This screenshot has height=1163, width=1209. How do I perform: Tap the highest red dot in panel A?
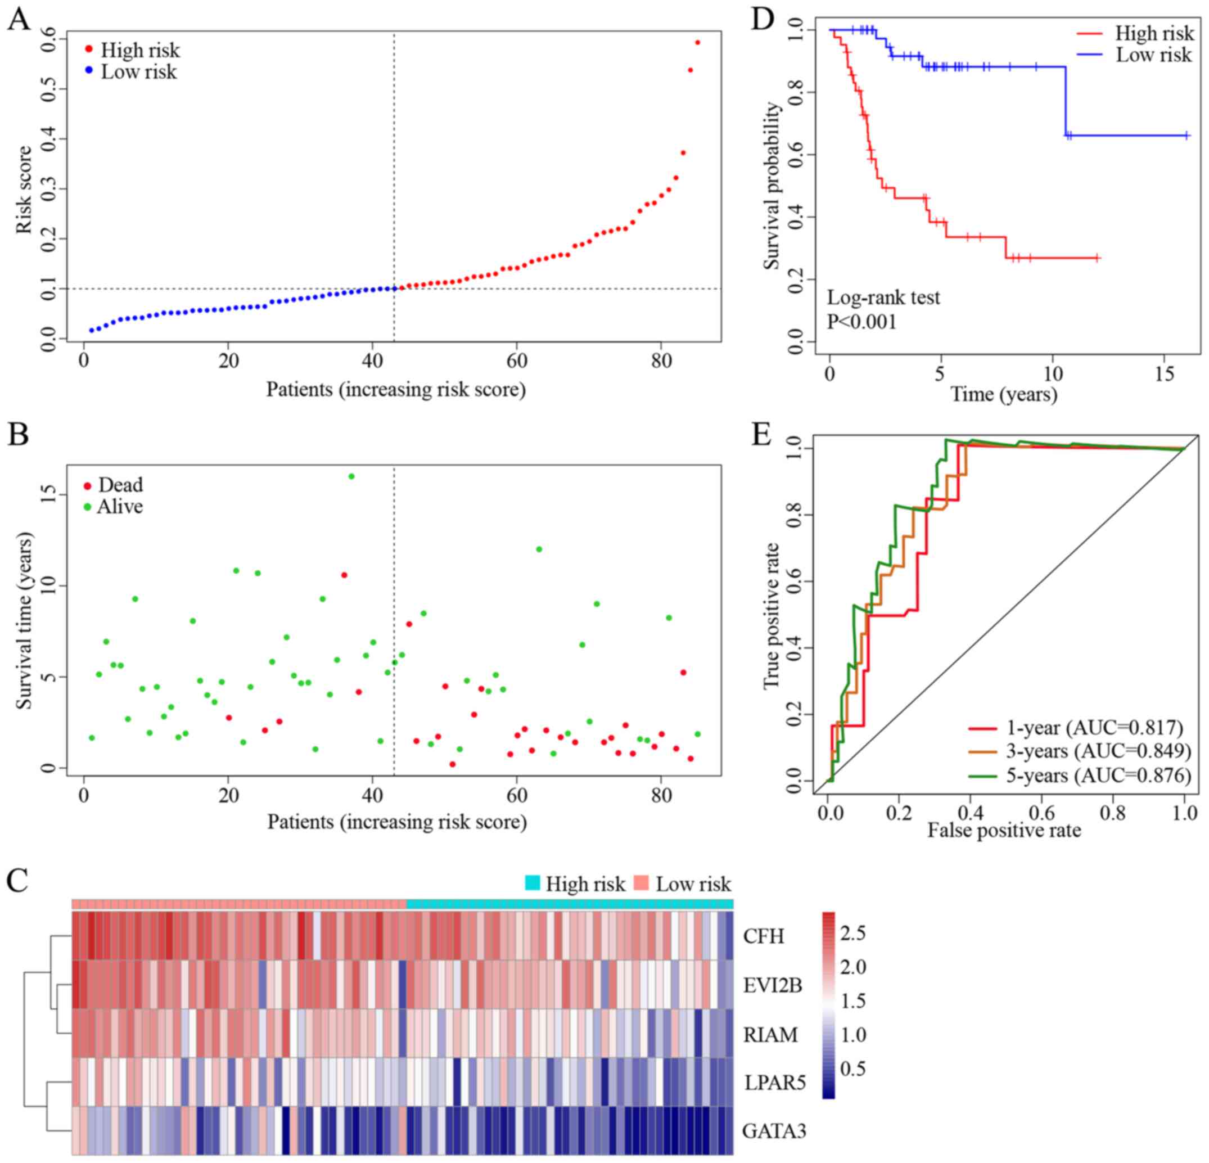[698, 43]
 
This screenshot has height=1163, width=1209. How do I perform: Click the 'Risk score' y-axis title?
[24, 190]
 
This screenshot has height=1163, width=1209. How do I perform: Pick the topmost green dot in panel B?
[351, 476]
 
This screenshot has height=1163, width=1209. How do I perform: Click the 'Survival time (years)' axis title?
[24, 620]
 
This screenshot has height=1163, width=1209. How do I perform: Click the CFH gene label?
[764, 936]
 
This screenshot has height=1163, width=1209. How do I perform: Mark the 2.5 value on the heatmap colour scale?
[852, 933]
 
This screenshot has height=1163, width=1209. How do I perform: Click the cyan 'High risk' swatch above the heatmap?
[533, 883]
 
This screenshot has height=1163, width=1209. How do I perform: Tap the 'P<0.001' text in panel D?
[861, 322]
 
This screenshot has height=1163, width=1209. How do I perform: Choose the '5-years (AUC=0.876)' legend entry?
[1099, 775]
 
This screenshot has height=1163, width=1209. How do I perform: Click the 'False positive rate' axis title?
[1004, 830]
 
